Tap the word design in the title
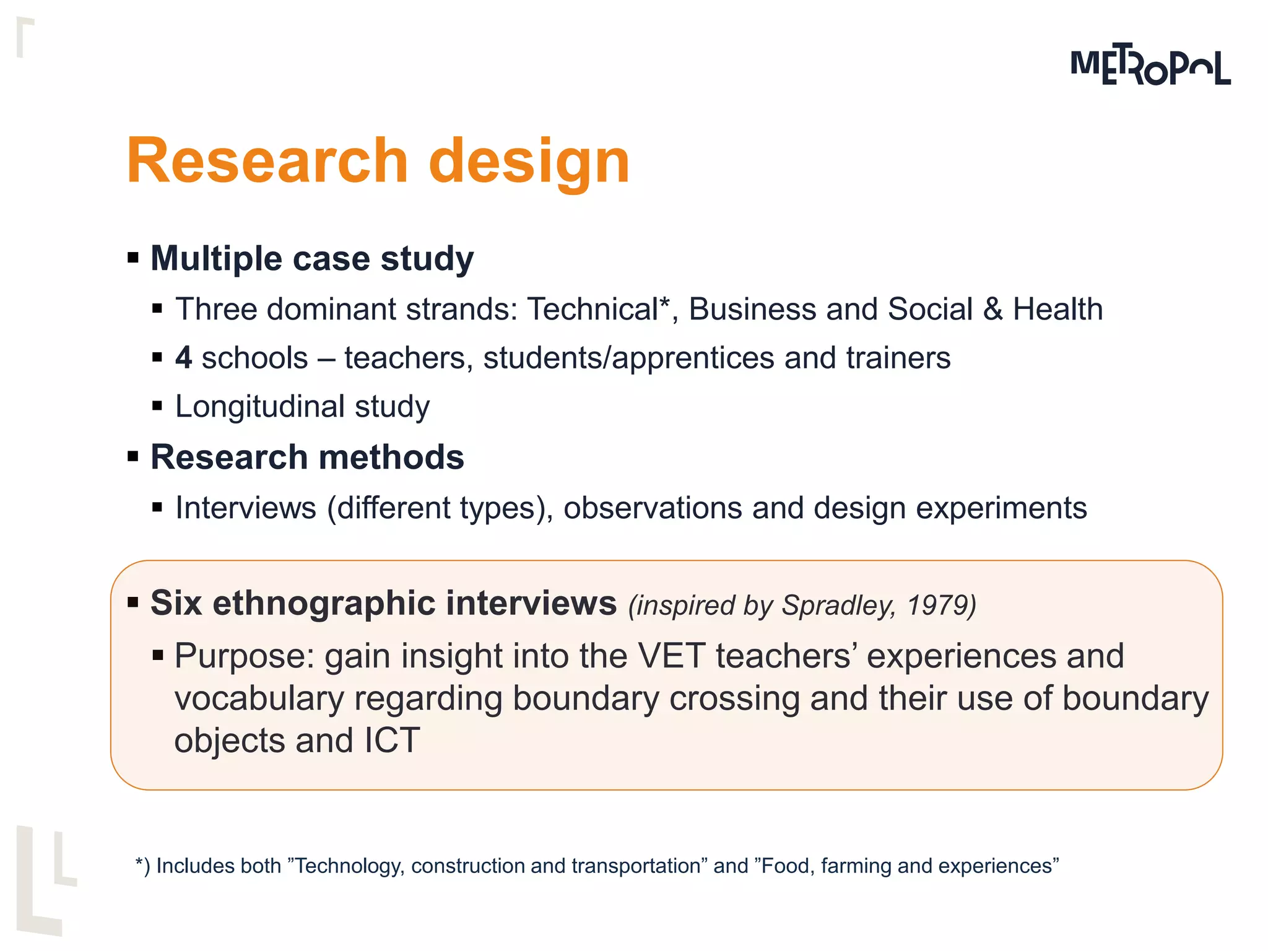[529, 162]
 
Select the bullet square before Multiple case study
[132, 257]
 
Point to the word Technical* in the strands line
[599, 309]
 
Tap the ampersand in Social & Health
[992, 309]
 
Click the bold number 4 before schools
[183, 358]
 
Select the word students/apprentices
[628, 358]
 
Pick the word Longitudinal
[260, 407]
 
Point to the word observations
[653, 508]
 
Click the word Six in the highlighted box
[176, 603]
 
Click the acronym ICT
[392, 740]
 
